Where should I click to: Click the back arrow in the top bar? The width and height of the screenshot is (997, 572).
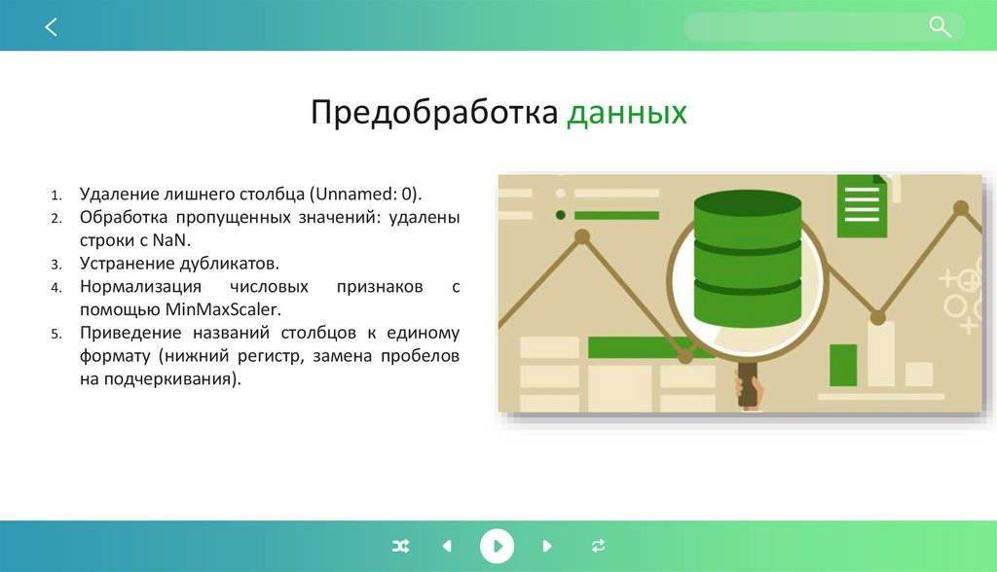(52, 27)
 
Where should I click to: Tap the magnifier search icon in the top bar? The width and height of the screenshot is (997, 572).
(940, 27)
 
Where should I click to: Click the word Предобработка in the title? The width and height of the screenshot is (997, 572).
(434, 113)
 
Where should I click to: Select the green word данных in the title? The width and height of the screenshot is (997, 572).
(627, 113)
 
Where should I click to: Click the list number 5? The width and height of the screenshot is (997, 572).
(56, 334)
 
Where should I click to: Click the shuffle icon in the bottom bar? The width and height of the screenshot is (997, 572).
(400, 546)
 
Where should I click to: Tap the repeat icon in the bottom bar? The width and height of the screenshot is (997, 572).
(598, 546)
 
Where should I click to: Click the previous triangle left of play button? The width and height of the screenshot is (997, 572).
(447, 546)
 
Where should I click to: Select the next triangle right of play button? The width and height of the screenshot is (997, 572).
(547, 546)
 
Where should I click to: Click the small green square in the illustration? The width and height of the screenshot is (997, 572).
(842, 365)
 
